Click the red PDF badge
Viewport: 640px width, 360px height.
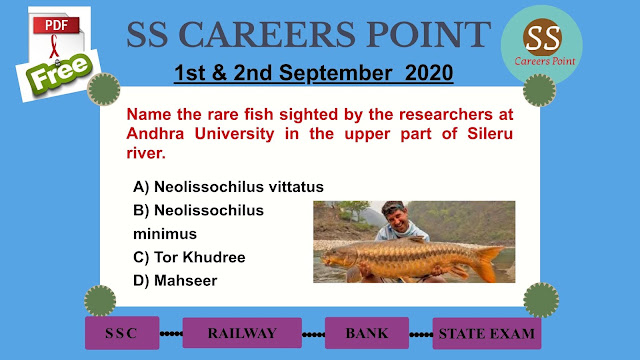click(x=56, y=25)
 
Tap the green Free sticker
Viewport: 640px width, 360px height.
click(x=59, y=72)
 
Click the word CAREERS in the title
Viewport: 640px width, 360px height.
click(x=267, y=34)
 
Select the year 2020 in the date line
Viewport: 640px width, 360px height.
click(x=429, y=73)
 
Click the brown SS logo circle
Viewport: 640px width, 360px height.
click(x=542, y=37)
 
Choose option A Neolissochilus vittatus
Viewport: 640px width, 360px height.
click(x=228, y=187)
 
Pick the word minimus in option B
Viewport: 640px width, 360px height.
click(x=165, y=234)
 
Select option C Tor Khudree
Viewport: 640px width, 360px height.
click(x=189, y=257)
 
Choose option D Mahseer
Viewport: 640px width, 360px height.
click(x=175, y=281)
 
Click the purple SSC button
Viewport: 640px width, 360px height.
click(x=122, y=333)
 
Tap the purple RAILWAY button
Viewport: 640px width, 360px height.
click(x=242, y=333)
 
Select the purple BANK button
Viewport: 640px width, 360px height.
click(x=367, y=333)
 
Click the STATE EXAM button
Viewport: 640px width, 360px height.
click(x=487, y=333)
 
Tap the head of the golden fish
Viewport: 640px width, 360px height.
click(x=337, y=257)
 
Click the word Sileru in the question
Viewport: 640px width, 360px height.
click(x=490, y=134)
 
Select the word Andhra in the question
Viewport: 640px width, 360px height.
click(x=155, y=134)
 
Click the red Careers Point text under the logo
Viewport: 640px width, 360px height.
click(x=545, y=61)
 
